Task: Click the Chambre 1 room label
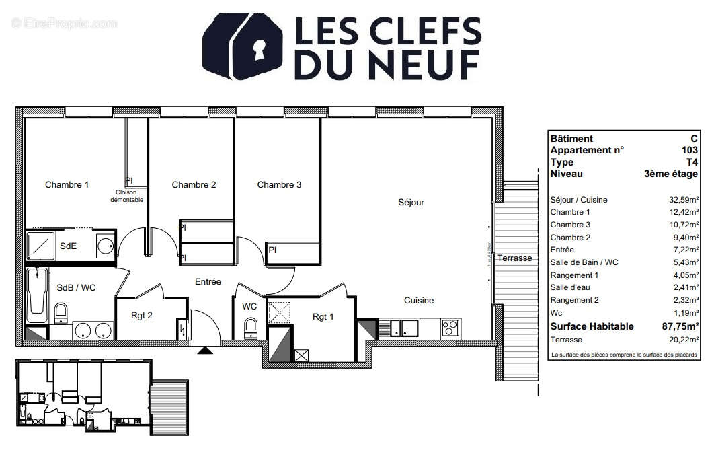click(67, 185)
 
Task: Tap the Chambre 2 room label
click(194, 185)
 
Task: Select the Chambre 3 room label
click(279, 185)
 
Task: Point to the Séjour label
click(411, 202)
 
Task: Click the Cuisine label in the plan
click(418, 301)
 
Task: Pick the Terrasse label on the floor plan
click(514, 258)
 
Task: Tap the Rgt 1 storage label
click(323, 317)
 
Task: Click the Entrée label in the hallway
click(208, 282)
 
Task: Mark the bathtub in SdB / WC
click(37, 297)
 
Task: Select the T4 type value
click(692, 162)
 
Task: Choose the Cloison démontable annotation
click(127, 196)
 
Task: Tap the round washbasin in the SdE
click(105, 246)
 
